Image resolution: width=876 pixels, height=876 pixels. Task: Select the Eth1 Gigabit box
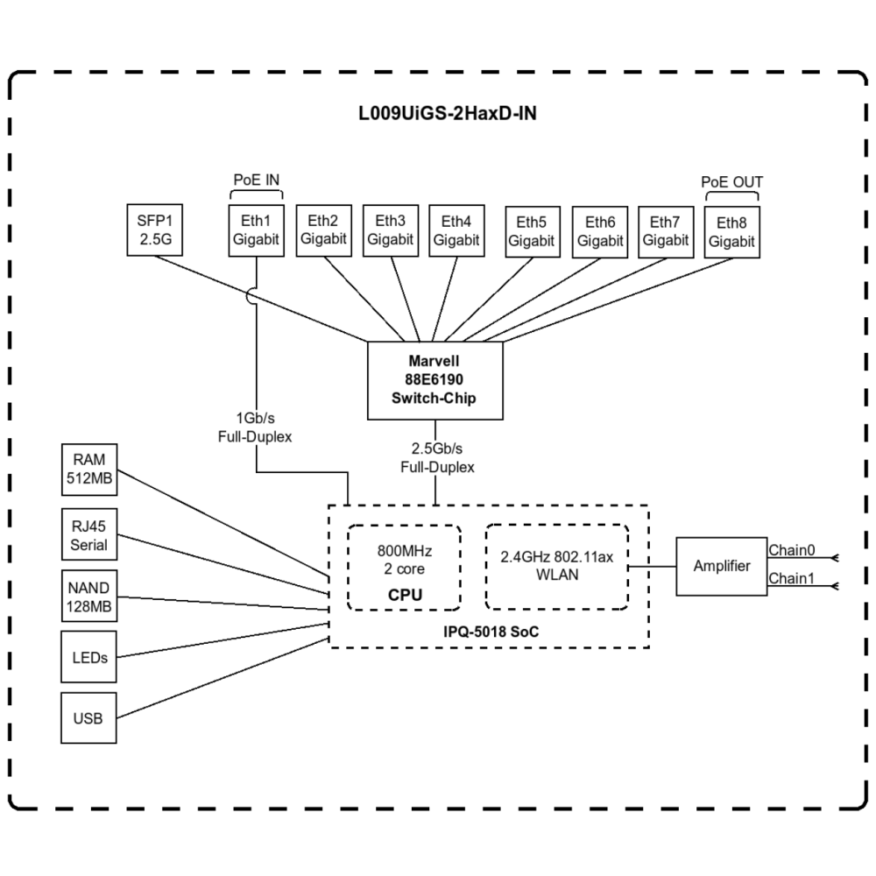click(257, 231)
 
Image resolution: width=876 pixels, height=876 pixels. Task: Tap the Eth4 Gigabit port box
click(456, 231)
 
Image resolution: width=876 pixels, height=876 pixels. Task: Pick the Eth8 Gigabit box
click(731, 233)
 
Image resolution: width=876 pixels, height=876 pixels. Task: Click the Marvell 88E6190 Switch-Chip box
click(435, 380)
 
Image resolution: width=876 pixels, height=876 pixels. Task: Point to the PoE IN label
click(257, 180)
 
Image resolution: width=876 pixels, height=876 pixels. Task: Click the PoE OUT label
click(731, 182)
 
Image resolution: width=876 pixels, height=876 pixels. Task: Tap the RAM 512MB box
click(89, 470)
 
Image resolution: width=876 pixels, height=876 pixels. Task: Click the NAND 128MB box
click(89, 596)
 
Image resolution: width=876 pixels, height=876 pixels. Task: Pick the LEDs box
click(89, 657)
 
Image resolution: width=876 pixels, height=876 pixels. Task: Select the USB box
click(89, 718)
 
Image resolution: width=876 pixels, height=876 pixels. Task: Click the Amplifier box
click(721, 566)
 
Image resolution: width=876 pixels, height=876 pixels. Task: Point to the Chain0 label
click(791, 550)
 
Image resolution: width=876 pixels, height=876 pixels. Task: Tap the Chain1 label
click(791, 579)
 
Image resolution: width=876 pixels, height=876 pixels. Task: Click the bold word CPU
click(404, 595)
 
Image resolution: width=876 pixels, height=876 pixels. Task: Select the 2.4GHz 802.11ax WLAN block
click(557, 566)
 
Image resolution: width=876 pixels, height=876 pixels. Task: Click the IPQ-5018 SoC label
click(488, 631)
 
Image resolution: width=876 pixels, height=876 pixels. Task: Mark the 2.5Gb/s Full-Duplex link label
click(436, 458)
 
